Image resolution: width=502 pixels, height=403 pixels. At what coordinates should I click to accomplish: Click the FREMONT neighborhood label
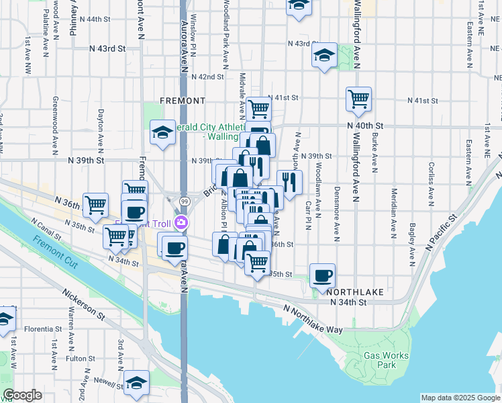pos(183,101)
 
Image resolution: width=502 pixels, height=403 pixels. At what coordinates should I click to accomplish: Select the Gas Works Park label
pos(381,360)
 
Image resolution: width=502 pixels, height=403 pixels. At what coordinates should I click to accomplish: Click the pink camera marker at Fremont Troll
pos(181,223)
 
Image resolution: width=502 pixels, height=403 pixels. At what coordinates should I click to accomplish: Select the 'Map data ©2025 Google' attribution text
pos(460,398)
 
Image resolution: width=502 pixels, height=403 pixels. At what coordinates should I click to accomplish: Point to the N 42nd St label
pos(207,77)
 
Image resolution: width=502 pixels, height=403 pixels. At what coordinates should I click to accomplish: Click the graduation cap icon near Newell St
pos(137,382)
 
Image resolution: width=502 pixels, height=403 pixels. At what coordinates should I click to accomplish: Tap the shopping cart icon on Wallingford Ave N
pos(359,99)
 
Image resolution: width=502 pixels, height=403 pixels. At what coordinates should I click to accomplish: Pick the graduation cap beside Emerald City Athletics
pos(162,134)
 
